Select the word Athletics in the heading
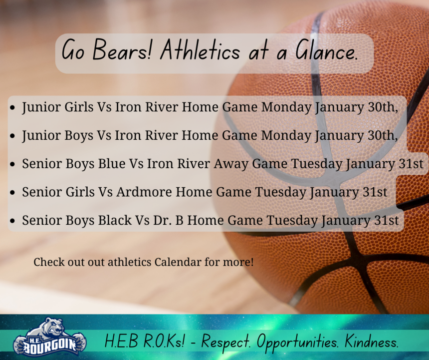200,50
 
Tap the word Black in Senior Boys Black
115,220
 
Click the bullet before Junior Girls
12,107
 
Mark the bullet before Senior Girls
12,192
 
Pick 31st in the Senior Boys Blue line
411,163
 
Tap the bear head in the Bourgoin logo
53,327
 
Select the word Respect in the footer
225,342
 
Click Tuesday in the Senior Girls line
281,192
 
